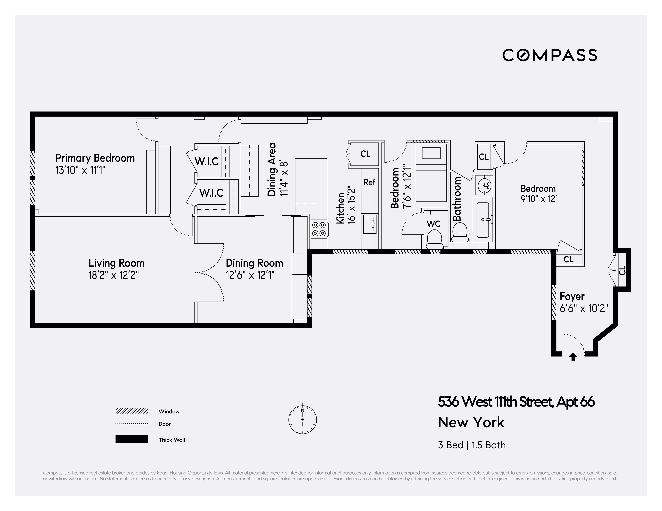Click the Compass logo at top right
[550, 55]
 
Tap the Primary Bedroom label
[95, 158]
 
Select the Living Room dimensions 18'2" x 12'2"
[114, 275]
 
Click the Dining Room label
[254, 263]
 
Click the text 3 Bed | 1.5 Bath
[472, 445]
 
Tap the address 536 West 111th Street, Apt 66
[516, 402]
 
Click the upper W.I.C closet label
[206, 162]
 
